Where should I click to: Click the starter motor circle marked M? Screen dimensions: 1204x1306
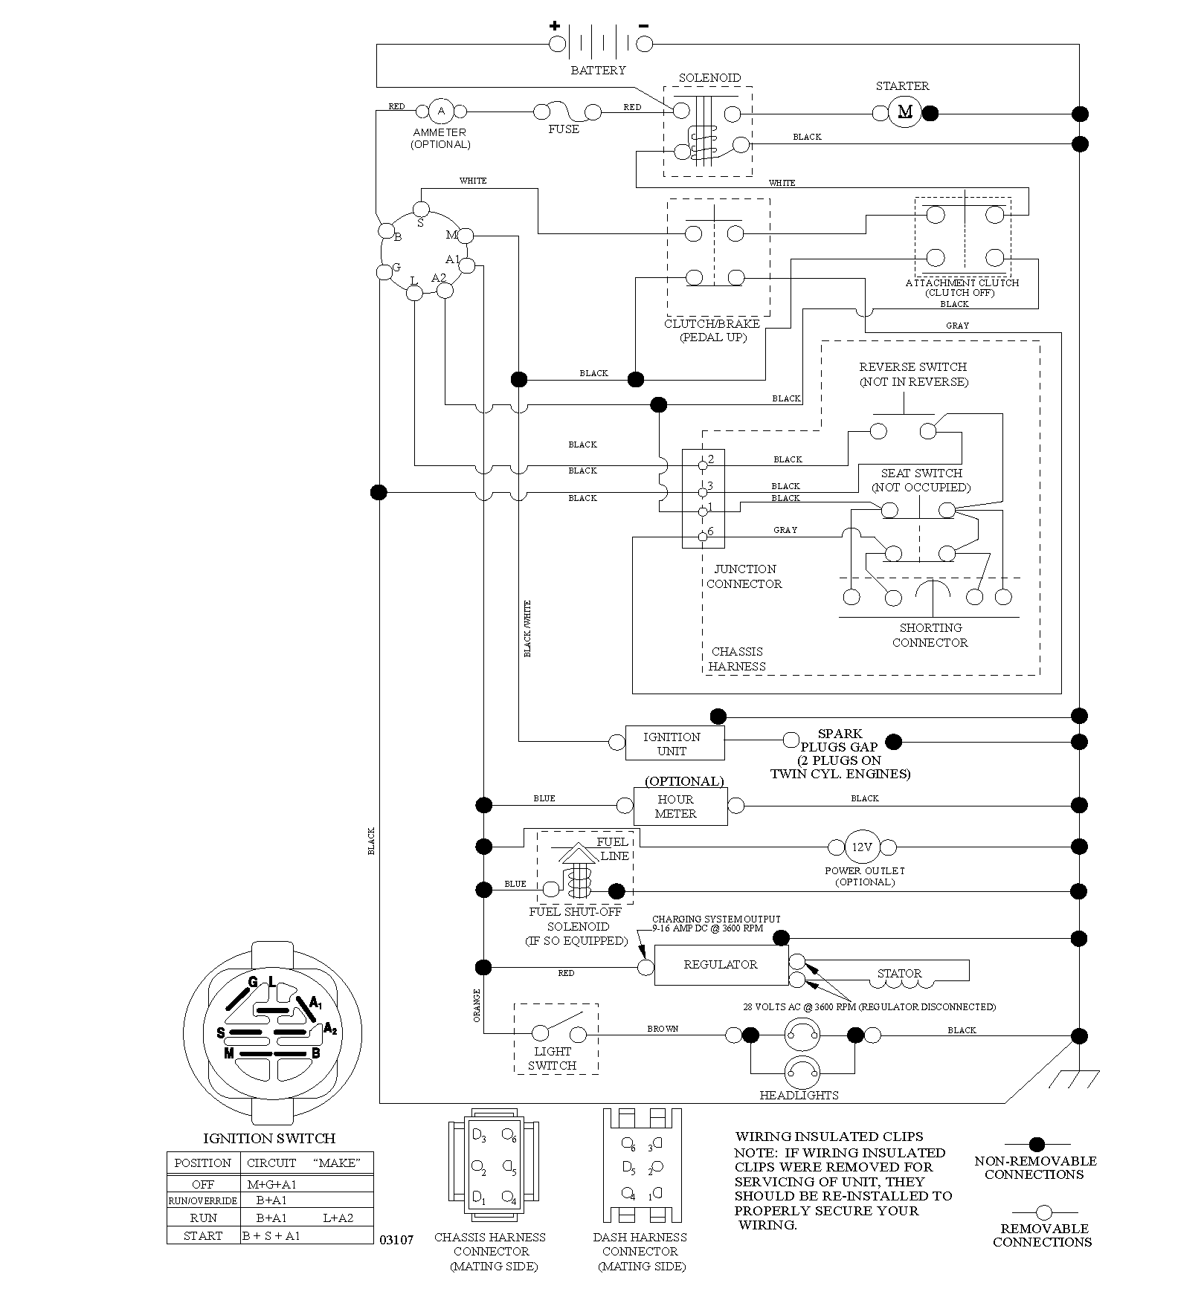(x=905, y=113)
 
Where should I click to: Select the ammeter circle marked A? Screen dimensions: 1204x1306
(x=440, y=111)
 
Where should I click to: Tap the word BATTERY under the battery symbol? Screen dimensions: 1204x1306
(x=598, y=71)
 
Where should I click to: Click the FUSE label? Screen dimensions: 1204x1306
(x=564, y=129)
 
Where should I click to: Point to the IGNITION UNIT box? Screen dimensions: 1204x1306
(x=675, y=743)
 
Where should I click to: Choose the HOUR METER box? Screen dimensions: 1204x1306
(x=680, y=806)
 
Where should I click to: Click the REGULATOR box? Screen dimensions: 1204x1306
(x=721, y=965)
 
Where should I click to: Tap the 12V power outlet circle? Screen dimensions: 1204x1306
(x=862, y=847)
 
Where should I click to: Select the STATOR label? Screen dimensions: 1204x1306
(x=899, y=973)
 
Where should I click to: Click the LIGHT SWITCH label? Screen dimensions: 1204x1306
(x=553, y=1058)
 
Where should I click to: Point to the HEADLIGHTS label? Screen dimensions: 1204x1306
(x=799, y=1095)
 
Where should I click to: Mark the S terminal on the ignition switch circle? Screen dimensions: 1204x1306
(x=421, y=208)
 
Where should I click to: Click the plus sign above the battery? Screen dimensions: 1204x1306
(x=555, y=26)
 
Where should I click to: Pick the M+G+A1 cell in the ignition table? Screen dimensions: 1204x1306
(x=271, y=1184)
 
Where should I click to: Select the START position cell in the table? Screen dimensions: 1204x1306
(x=203, y=1236)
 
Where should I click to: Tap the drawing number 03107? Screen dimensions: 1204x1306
(x=396, y=1240)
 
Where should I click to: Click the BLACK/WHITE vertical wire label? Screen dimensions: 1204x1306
(x=528, y=629)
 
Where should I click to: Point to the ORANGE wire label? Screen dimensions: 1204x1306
(x=477, y=1006)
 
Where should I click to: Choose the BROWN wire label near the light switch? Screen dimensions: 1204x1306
(x=663, y=1029)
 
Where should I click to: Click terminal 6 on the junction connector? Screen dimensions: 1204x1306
(x=703, y=536)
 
